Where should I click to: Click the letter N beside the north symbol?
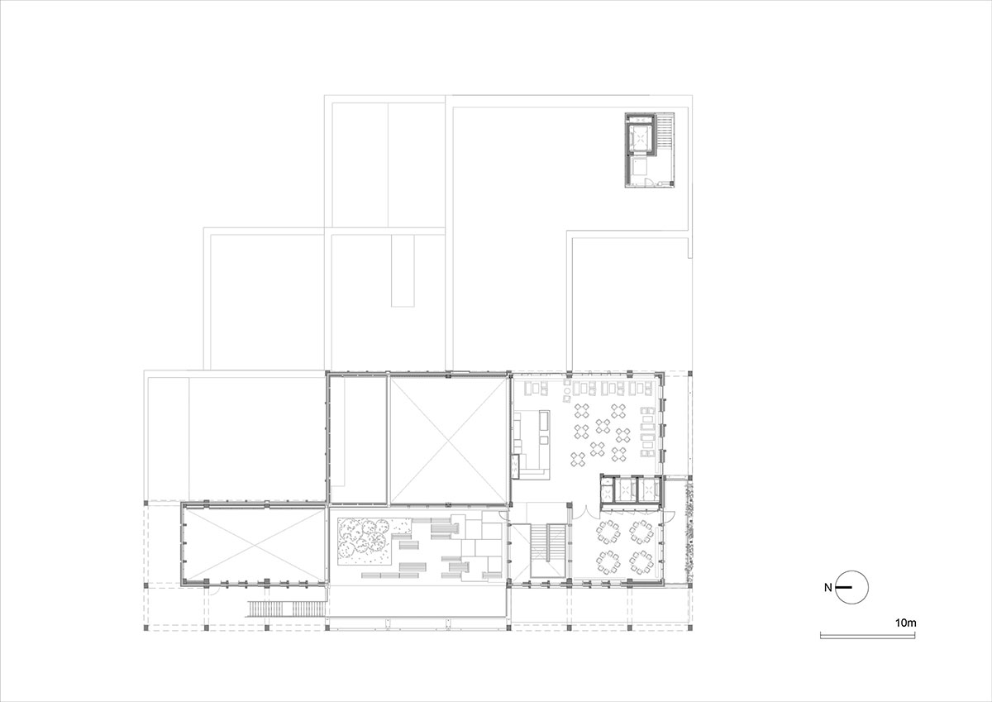tap(827, 588)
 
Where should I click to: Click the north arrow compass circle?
tap(852, 588)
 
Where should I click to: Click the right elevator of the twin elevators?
tap(648, 491)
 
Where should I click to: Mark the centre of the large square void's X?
tap(447, 440)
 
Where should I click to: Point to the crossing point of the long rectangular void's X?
tap(252, 547)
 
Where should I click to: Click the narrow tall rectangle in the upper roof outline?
tap(403, 270)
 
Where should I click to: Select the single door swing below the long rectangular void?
tap(213, 588)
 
